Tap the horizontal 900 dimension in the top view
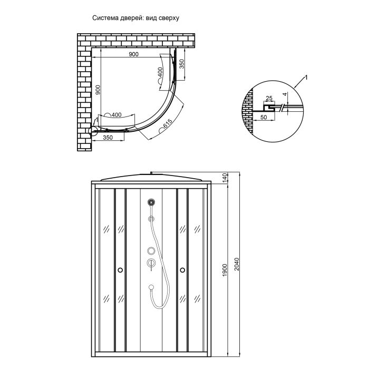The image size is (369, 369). [134, 54]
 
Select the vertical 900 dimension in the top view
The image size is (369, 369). [98, 90]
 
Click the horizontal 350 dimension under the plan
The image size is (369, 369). [108, 138]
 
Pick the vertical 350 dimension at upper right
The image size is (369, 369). [182, 64]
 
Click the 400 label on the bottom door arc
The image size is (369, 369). [116, 115]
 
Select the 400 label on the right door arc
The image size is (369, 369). [160, 72]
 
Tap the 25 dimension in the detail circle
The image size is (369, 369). [269, 98]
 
